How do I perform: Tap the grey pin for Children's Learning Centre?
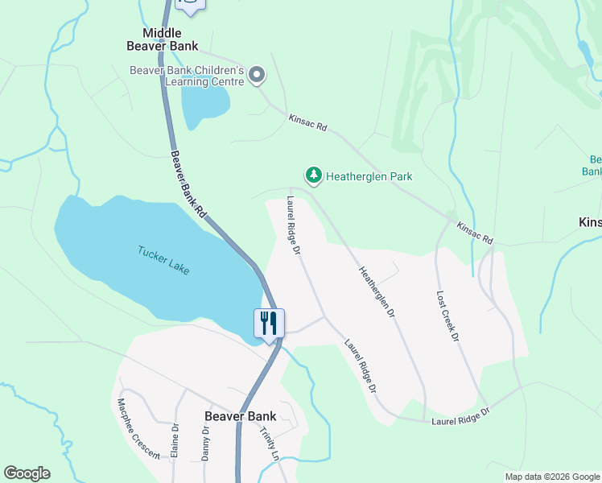click(257, 76)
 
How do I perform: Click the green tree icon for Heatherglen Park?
click(313, 175)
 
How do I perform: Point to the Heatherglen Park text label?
click(369, 175)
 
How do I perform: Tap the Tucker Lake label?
click(163, 259)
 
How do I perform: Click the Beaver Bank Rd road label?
click(189, 184)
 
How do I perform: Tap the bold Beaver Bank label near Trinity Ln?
click(240, 416)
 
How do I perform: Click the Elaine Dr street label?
click(174, 441)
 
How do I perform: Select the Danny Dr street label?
click(205, 443)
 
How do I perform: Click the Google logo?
click(27, 473)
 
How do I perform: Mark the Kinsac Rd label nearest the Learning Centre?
click(308, 122)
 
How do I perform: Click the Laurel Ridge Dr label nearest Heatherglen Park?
click(292, 226)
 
